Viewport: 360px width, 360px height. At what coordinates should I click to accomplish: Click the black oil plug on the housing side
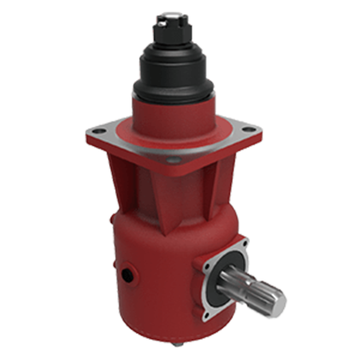129,274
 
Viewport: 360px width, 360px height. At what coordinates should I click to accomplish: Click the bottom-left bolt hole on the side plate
207,315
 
